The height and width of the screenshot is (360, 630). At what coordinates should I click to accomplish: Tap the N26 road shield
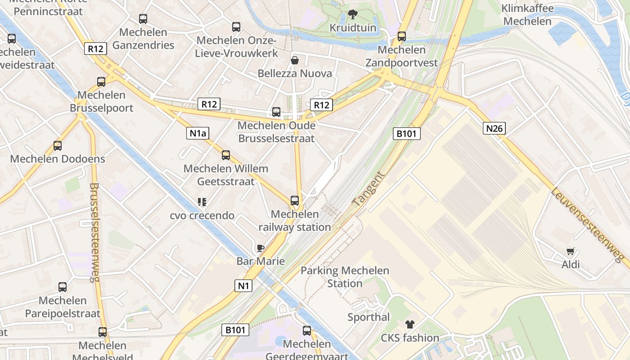[x=494, y=128]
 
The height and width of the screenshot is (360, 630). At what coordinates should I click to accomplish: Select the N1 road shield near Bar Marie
[x=243, y=285]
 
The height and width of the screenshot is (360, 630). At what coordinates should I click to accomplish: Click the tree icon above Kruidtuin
[x=352, y=14]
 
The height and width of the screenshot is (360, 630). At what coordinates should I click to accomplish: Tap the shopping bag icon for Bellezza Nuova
[x=295, y=60]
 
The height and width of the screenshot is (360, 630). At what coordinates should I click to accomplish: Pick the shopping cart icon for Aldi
[x=570, y=252]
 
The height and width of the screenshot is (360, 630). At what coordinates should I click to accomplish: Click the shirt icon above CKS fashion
[x=409, y=324]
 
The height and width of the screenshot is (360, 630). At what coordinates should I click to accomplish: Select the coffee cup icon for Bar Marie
[x=260, y=247]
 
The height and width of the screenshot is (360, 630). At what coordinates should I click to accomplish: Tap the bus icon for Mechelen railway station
[x=295, y=201]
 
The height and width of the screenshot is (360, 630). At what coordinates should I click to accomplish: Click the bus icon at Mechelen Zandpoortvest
[x=402, y=36]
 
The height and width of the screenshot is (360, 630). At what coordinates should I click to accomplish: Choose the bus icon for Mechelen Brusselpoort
[x=101, y=82]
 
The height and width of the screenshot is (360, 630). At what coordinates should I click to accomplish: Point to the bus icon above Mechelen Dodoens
[x=58, y=146]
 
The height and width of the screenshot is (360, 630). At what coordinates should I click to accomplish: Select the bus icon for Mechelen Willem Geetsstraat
[x=226, y=155]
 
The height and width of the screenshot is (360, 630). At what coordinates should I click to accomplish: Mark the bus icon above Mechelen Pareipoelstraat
[x=63, y=287]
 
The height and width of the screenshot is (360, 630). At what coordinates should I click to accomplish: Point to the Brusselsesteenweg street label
[x=94, y=232]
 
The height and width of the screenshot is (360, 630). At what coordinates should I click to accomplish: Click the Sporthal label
[x=369, y=317]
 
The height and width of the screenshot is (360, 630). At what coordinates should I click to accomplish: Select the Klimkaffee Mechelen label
[x=527, y=15]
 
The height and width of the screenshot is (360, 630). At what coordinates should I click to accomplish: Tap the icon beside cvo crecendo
[x=202, y=202]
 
